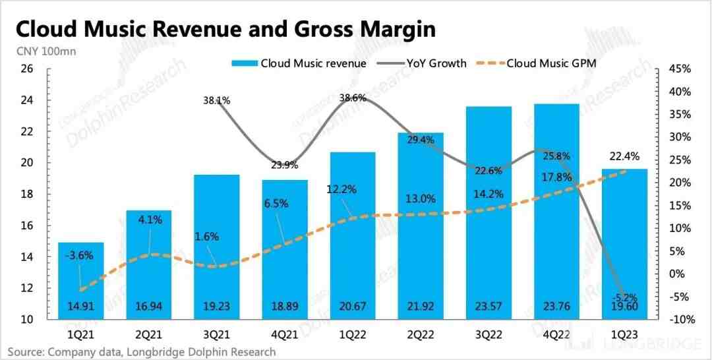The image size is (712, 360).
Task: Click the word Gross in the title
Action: coord(299,29)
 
